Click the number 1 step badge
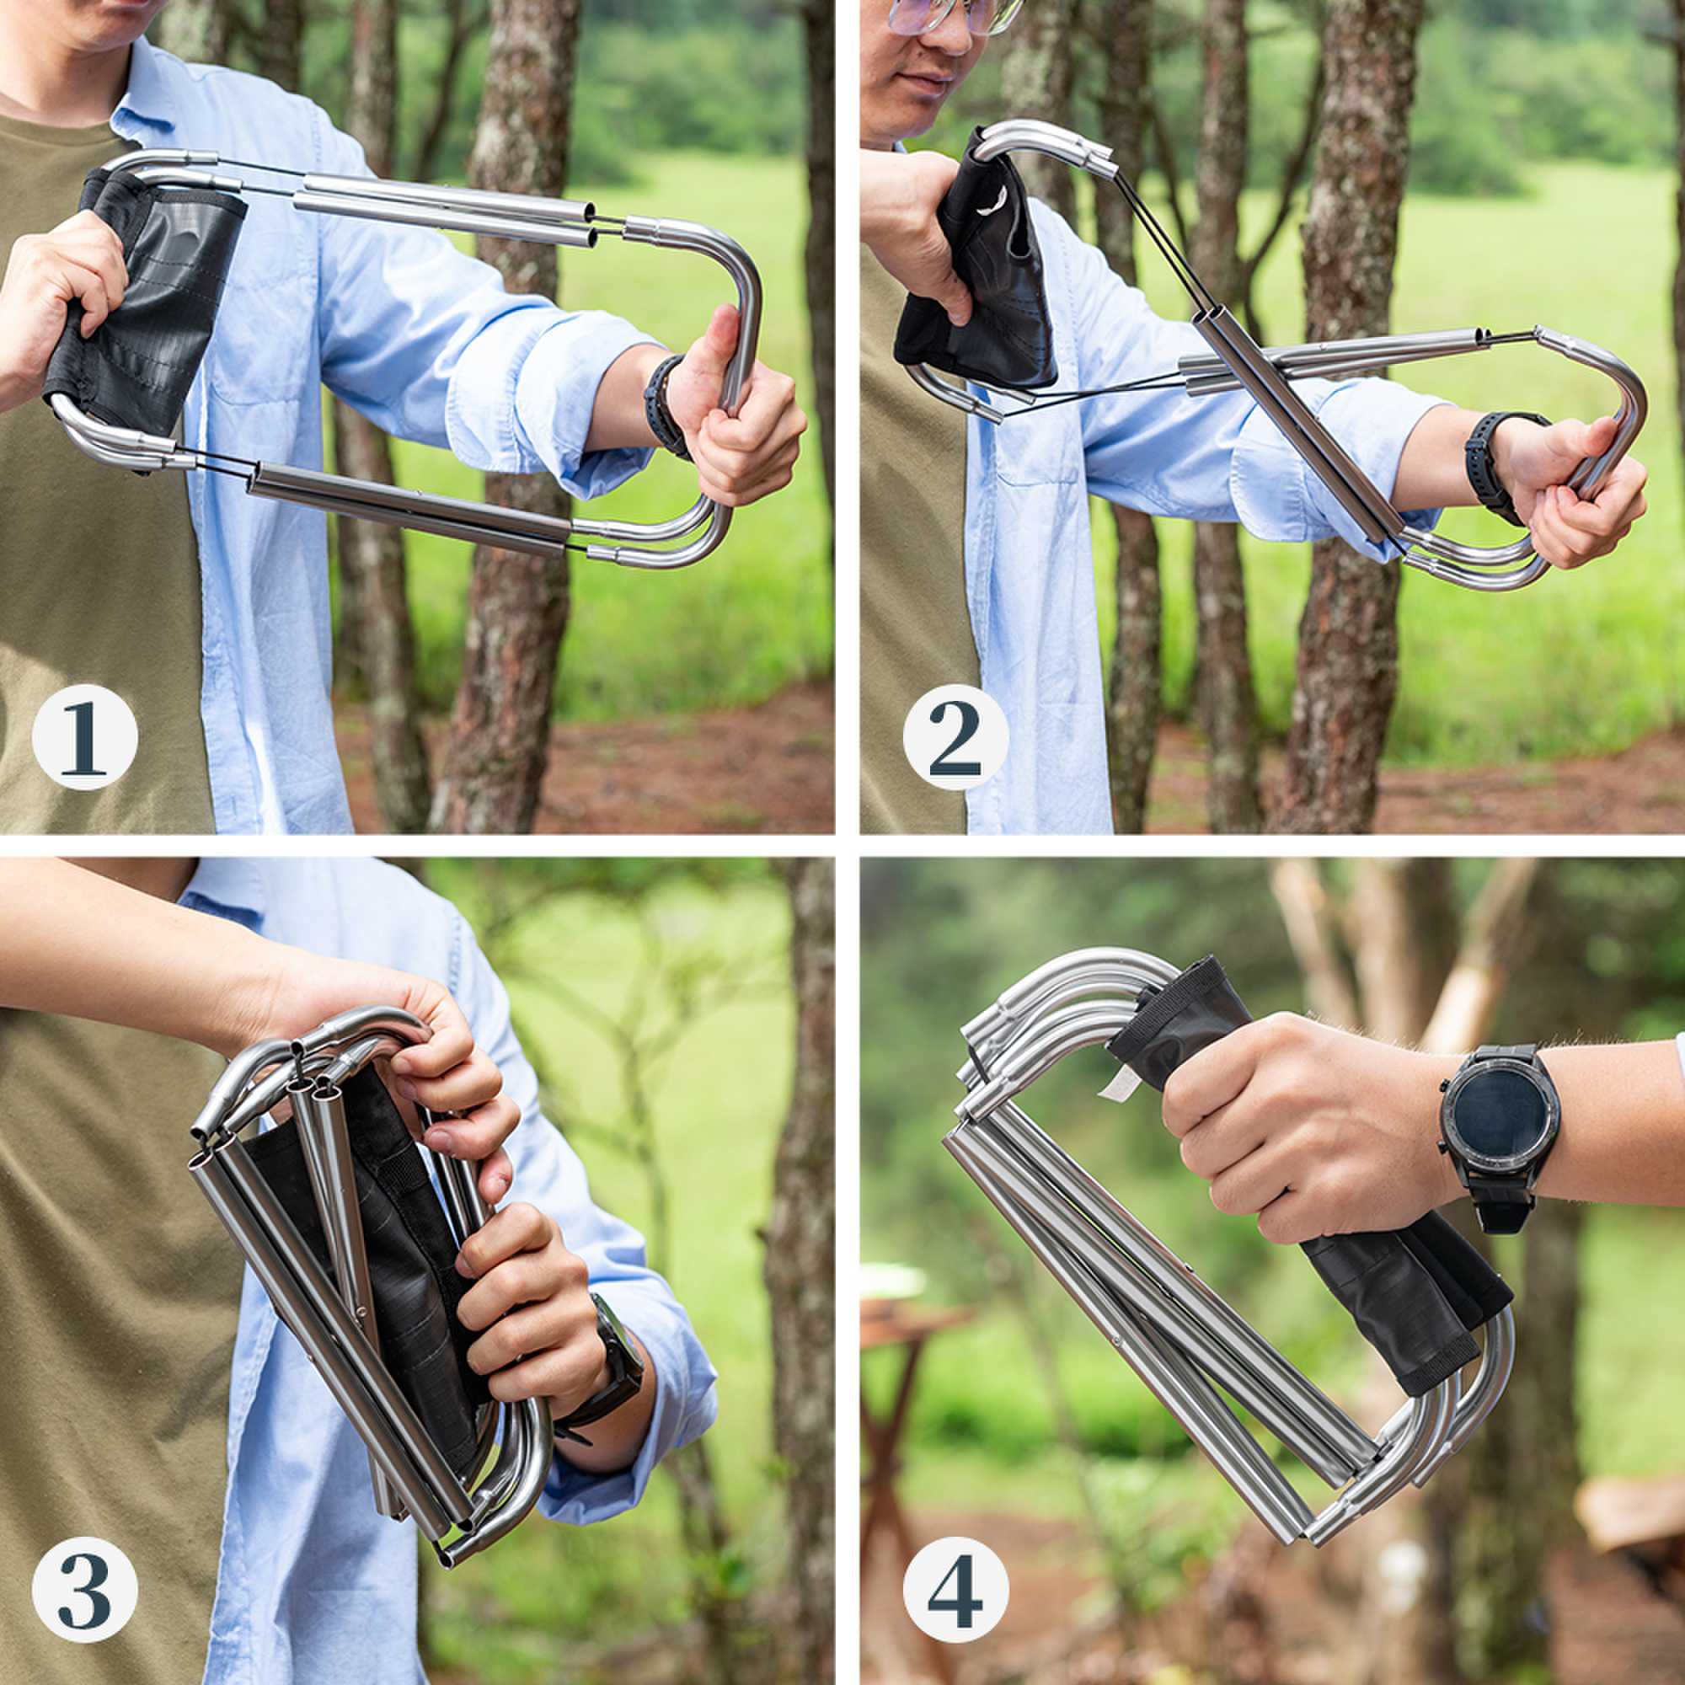pos(84,737)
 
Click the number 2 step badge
pos(955,737)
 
